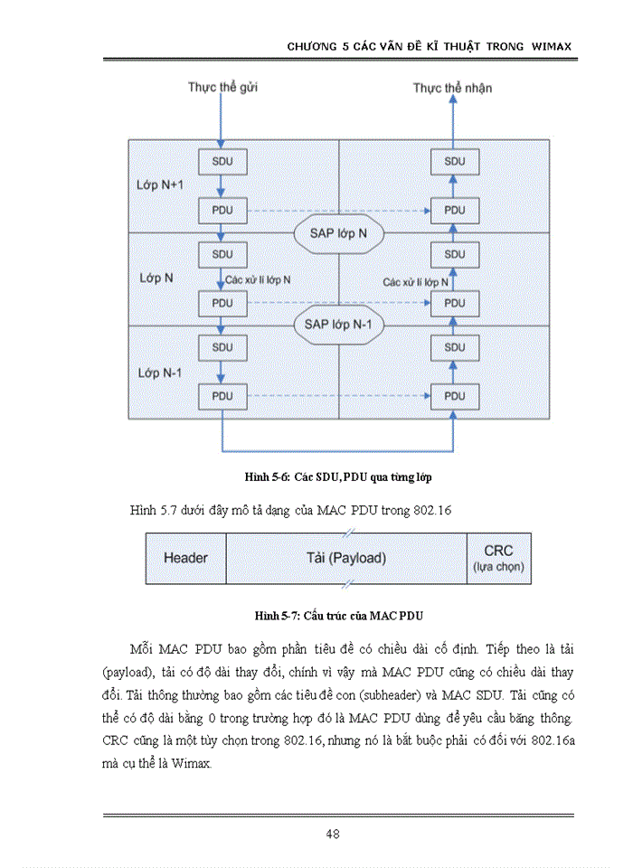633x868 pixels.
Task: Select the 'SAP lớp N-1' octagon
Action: (338, 324)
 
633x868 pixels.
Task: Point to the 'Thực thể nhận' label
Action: (453, 88)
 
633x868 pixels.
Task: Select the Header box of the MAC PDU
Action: (185, 558)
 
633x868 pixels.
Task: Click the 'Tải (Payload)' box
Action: (346, 558)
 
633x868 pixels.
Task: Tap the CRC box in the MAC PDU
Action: (498, 558)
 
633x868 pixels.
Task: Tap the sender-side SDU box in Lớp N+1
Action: (222, 161)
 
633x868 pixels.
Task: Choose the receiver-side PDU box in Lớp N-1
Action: (455, 396)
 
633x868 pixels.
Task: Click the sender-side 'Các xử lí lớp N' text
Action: (259, 280)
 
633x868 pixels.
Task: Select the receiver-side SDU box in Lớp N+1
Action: (455, 161)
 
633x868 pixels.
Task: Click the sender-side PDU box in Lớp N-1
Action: (222, 396)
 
